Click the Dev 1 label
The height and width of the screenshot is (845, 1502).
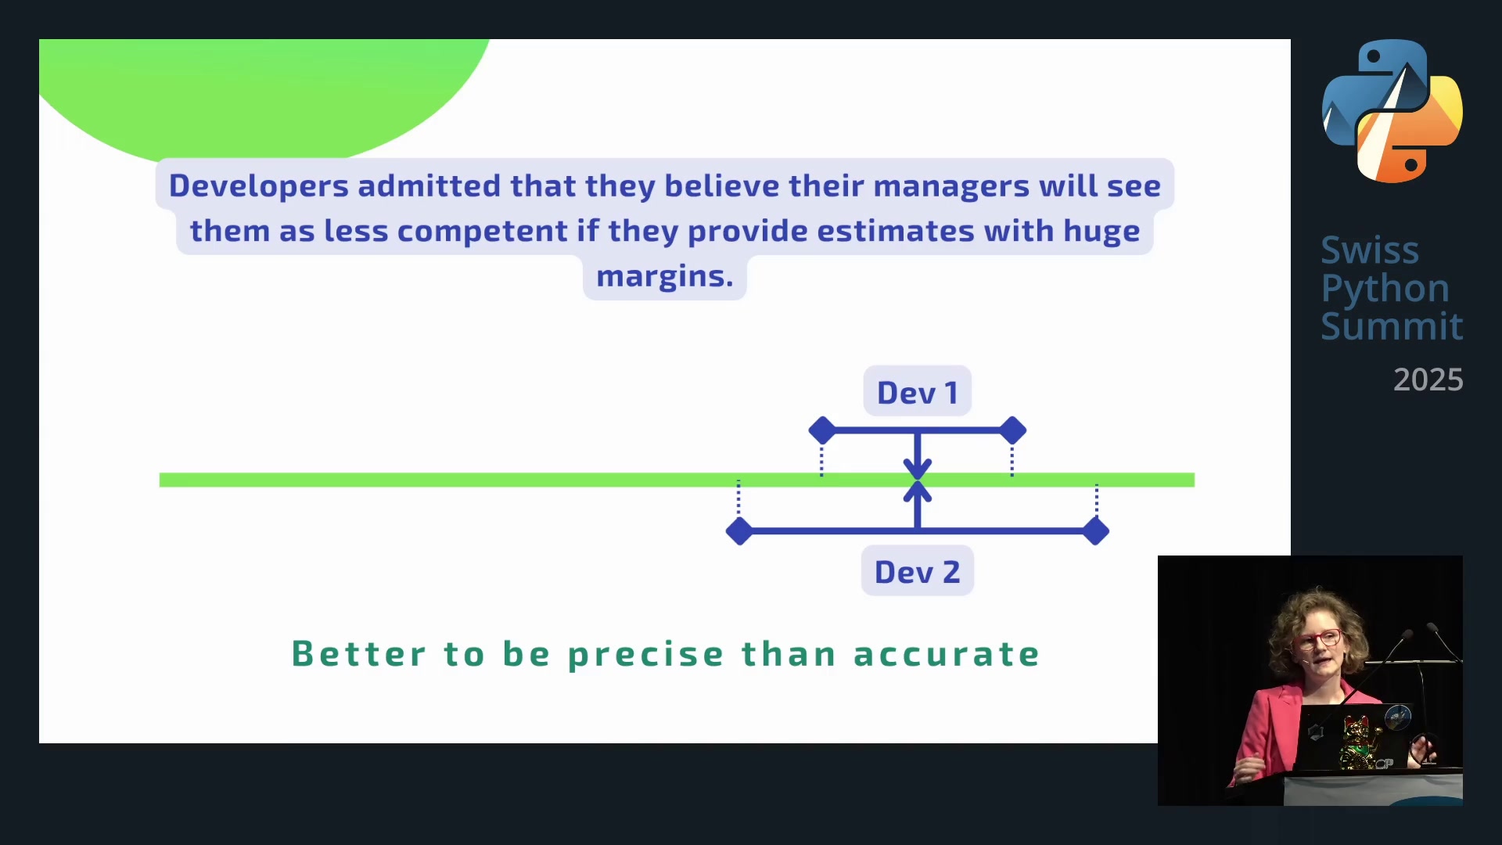917,392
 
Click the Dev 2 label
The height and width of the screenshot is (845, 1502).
917,572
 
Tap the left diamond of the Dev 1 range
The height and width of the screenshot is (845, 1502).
822,430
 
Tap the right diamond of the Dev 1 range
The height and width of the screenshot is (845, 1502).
1012,430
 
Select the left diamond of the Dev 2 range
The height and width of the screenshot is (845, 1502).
739,531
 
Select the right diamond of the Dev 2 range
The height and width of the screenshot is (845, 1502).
1096,531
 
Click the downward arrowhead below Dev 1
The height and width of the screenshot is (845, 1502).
918,469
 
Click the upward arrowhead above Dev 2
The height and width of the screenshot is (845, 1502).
918,491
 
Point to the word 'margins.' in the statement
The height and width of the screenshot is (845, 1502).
665,276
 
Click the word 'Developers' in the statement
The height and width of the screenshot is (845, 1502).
259,186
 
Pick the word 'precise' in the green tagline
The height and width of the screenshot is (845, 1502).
646,654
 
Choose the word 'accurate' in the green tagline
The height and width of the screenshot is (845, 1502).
947,654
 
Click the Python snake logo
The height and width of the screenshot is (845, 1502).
1392,111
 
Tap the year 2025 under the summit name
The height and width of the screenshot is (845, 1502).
1428,379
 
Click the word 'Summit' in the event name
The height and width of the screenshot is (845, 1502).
1392,325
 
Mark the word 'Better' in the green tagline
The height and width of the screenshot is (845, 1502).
359,654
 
